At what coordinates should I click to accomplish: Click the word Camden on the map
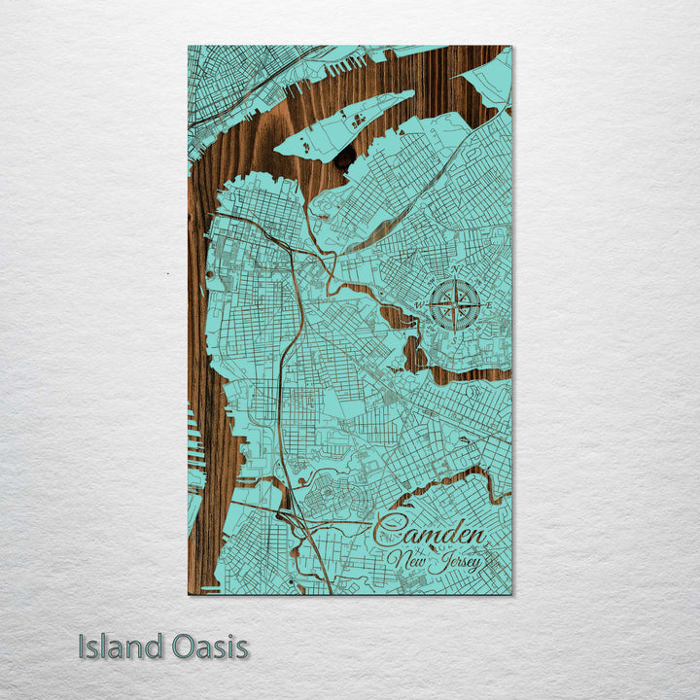pos(430,534)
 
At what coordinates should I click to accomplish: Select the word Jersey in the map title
pos(454,562)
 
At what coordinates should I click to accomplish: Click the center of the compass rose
pos(454,302)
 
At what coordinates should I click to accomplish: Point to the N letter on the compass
pos(454,271)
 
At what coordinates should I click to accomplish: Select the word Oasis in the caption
pos(206,647)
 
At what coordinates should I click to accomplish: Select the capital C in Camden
pos(389,533)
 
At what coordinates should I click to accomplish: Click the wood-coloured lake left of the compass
pos(400,317)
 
